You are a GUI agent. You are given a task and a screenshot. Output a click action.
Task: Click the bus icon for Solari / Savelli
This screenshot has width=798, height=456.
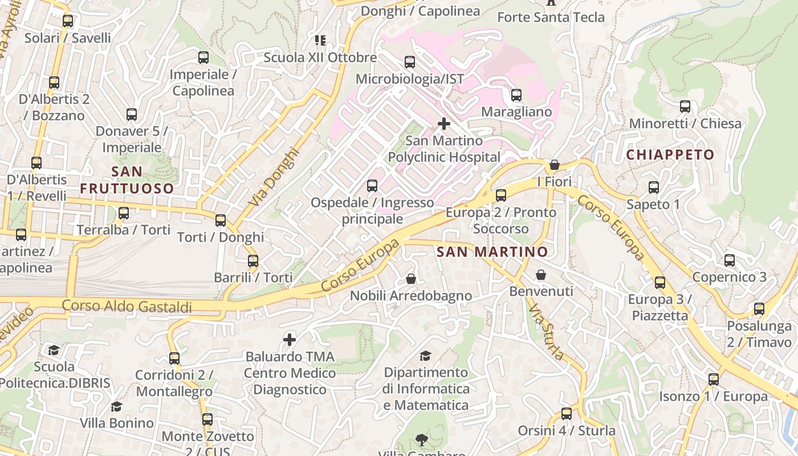[68, 22]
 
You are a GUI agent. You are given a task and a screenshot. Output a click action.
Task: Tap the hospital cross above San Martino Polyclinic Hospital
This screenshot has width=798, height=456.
[443, 123]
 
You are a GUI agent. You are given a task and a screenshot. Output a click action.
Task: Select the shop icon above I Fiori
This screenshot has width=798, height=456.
[554, 165]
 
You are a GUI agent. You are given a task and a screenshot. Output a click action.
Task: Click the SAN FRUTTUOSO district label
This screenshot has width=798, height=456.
[127, 180]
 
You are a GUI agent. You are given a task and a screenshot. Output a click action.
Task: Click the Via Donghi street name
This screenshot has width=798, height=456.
[274, 177]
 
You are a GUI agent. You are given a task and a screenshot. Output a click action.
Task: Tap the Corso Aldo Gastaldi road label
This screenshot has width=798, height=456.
[127, 306]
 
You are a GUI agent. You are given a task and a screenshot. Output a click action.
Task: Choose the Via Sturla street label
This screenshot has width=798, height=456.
[546, 332]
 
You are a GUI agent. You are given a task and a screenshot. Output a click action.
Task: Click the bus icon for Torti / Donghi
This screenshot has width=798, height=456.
[221, 220]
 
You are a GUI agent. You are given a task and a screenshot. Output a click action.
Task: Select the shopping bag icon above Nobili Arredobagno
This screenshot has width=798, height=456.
[410, 279]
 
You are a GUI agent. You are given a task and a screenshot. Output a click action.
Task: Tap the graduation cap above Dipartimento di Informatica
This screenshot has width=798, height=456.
[425, 356]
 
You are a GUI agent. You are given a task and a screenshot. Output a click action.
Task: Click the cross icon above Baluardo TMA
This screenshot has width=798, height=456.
[290, 340]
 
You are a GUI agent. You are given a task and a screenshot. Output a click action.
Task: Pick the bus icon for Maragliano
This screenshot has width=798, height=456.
[516, 95]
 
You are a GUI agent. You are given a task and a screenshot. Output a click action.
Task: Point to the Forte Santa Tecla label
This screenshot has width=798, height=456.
[551, 17]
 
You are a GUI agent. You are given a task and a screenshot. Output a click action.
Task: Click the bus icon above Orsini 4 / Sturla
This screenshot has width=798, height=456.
[566, 414]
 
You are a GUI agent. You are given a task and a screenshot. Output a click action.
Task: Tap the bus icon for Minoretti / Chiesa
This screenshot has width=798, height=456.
[685, 107]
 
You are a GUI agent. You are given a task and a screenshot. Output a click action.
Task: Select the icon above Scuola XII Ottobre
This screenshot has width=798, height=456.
[320, 40]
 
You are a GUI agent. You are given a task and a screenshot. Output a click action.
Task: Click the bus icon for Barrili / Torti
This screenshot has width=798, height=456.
[253, 261]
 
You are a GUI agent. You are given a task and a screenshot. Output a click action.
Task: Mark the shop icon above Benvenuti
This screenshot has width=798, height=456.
[541, 275]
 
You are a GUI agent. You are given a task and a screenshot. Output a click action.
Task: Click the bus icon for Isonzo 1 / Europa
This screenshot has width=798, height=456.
[713, 380]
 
